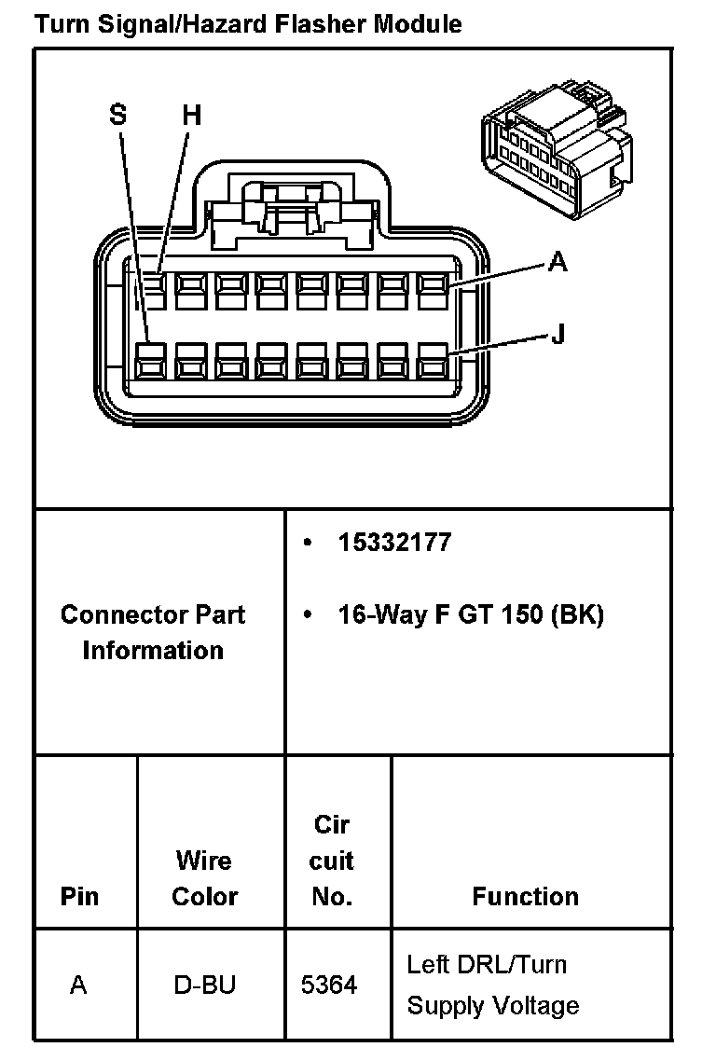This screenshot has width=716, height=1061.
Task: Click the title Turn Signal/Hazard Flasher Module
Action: click(x=247, y=23)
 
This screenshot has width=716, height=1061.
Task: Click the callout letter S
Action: click(x=117, y=115)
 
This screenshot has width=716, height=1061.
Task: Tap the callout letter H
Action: click(x=191, y=115)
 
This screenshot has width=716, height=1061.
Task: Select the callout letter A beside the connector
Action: click(x=558, y=263)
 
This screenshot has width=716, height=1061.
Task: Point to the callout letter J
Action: click(x=558, y=333)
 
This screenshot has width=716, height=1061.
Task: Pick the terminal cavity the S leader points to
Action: click(x=149, y=361)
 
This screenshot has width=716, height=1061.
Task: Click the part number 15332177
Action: click(x=394, y=543)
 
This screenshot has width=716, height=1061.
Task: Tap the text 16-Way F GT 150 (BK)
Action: click(x=471, y=615)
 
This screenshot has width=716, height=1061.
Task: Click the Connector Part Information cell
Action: click(x=153, y=632)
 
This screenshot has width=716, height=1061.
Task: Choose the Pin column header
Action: click(x=79, y=896)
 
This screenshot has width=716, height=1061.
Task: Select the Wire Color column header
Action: click(x=205, y=878)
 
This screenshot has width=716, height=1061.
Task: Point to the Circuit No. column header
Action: click(x=332, y=861)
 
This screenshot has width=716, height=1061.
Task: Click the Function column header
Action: click(x=525, y=896)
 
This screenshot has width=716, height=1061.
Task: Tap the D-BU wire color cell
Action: click(x=205, y=985)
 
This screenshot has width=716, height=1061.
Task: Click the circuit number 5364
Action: click(x=329, y=985)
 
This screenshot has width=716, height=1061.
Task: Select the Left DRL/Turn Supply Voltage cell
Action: click(x=492, y=985)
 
